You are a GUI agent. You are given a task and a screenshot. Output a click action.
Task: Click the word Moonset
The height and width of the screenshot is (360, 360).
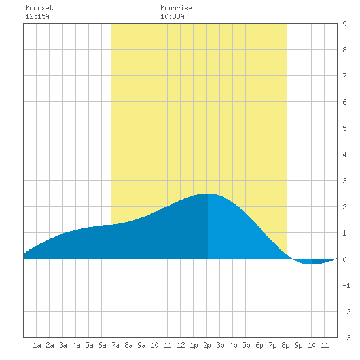coord(39,8)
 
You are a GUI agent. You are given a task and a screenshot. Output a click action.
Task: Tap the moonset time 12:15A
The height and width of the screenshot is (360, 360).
coord(37,16)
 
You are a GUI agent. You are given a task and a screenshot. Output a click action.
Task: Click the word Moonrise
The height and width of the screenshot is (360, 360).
coord(176,8)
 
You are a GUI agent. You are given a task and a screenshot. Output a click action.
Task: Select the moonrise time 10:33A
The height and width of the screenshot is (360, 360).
coord(172,16)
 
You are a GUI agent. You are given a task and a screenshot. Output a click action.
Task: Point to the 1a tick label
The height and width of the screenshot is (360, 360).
coord(37,345)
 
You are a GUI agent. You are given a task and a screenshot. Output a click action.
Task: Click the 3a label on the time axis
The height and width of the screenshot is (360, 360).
coord(63,345)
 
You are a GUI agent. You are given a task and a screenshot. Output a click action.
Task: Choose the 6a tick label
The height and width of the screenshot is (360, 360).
coord(102,345)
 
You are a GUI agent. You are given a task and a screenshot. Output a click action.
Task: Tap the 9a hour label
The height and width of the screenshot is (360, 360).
coord(141,345)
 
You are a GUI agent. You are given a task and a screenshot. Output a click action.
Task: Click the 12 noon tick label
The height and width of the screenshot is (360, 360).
coord(181,345)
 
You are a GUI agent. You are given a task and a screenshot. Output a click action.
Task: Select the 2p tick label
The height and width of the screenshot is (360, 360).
coord(207,345)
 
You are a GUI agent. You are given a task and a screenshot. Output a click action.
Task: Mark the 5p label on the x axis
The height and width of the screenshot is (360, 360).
coord(246,345)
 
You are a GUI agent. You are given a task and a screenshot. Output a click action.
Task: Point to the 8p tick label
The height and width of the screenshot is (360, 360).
coord(285,345)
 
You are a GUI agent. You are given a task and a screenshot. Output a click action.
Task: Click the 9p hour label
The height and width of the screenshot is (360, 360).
coord(298,345)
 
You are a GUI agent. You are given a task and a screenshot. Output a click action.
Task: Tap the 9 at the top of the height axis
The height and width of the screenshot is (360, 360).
coord(344,24)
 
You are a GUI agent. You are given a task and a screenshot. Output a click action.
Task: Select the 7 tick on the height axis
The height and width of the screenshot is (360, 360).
coord(344,76)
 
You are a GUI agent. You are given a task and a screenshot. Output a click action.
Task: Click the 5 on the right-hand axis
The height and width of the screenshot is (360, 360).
coord(344,128)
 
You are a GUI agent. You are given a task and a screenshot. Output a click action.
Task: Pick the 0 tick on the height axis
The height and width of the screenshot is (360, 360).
coord(344,259)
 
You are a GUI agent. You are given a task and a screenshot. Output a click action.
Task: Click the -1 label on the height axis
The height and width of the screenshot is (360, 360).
coord(346,285)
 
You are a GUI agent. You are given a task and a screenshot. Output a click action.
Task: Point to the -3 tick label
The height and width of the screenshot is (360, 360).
coord(346,338)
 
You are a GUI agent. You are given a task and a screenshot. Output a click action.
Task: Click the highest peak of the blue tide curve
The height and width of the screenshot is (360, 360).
coord(207,194)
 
